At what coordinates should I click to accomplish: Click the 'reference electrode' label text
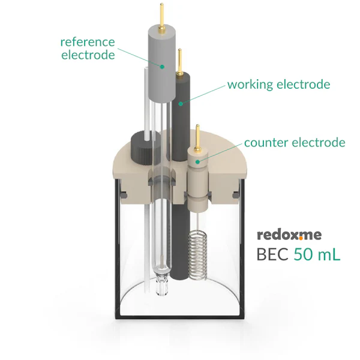pos(87,49)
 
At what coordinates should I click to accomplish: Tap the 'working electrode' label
pos(278,84)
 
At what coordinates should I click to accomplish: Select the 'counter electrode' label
pos(295,142)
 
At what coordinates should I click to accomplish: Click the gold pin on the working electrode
pos(179,59)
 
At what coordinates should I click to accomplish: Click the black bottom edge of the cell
pos(179,319)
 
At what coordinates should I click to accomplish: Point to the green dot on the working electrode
pos(180,104)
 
